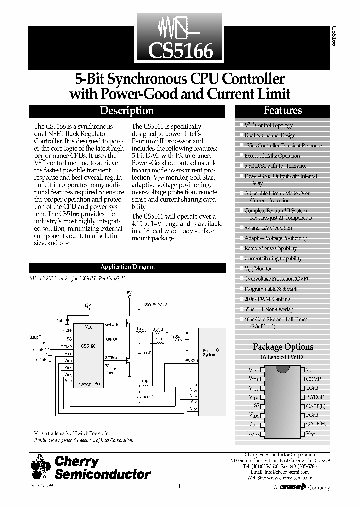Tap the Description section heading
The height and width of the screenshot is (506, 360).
click(x=127, y=111)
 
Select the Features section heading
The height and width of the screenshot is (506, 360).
click(x=283, y=111)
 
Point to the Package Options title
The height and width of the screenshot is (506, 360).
click(x=283, y=347)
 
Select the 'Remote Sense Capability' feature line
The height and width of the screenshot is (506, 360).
click(x=270, y=248)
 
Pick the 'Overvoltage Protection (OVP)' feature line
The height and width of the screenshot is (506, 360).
click(x=276, y=279)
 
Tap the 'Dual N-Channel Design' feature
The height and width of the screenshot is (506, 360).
click(x=269, y=135)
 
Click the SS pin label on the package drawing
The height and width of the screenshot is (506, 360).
click(x=256, y=406)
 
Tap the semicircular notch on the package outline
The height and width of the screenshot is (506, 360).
click(x=282, y=368)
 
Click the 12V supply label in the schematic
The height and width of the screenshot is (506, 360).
click(x=88, y=305)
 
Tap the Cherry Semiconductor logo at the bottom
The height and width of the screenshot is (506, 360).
click(x=90, y=468)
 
